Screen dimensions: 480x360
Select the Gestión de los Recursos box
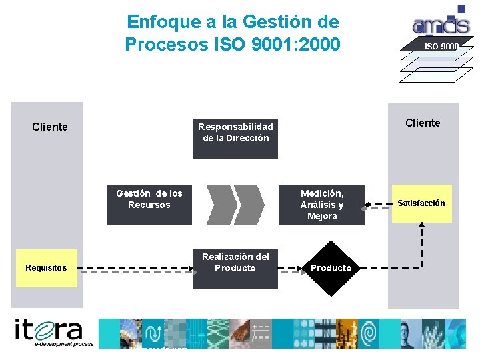[149, 205]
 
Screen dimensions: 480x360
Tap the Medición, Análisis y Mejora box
[322, 205]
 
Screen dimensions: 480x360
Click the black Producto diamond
[331, 268]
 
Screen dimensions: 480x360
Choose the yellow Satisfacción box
[421, 203]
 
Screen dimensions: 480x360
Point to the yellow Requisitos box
[47, 268]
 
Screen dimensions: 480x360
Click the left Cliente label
[50, 127]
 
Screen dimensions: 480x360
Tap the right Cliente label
[423, 123]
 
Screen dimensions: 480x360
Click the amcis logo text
[441, 25]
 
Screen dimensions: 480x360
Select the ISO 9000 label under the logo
[441, 46]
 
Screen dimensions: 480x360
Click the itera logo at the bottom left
[49, 332]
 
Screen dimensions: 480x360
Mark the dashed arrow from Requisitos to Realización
[133, 269]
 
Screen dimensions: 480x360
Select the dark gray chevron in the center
[222, 204]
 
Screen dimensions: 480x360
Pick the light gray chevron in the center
[249, 204]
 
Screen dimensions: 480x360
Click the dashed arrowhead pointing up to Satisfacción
[421, 227]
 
